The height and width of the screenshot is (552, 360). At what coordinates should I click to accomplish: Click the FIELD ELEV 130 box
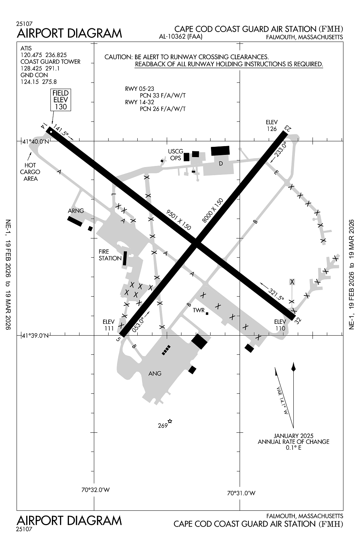click(61, 100)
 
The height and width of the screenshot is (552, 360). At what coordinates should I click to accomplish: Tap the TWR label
click(198, 310)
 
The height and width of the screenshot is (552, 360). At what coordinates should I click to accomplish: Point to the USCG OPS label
click(176, 155)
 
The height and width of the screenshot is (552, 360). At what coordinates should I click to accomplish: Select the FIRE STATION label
click(110, 255)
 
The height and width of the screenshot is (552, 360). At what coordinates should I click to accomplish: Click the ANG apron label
click(155, 374)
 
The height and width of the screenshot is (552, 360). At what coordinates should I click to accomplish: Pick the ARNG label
click(76, 211)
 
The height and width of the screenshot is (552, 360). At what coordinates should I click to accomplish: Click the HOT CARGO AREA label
click(30, 172)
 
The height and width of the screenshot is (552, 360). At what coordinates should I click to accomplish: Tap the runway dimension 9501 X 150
click(179, 220)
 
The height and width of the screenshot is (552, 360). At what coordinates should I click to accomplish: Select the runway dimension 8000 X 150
click(213, 210)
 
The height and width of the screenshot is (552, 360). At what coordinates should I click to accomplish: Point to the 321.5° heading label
click(276, 294)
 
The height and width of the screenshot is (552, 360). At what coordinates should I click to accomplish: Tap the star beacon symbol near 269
click(170, 421)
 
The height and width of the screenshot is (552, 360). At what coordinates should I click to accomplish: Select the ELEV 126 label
click(272, 125)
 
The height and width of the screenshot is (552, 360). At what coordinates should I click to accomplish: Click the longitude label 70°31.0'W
click(241, 493)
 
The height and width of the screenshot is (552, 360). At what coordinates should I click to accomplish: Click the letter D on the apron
click(221, 164)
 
